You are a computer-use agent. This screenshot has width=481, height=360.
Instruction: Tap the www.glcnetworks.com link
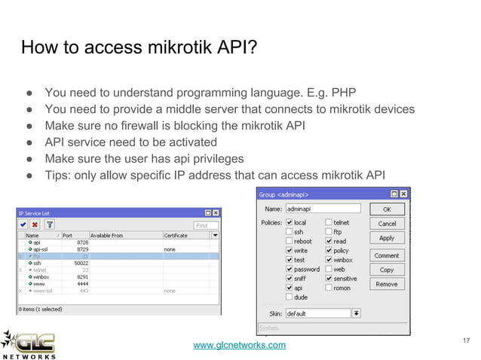tap(240, 345)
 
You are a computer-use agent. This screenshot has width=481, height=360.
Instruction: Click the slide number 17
tap(465, 342)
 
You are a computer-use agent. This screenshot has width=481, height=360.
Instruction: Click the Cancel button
tap(386, 224)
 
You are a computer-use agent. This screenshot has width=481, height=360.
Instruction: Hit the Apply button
tap(386, 238)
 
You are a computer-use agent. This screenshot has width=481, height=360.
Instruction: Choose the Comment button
tap(386, 255)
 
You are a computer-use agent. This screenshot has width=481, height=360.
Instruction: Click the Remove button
tap(386, 284)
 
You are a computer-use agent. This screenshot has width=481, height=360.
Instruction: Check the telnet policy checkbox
tap(329, 223)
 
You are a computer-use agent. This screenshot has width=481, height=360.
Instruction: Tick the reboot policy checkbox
tap(290, 241)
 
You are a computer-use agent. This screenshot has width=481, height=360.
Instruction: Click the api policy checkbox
tap(290, 288)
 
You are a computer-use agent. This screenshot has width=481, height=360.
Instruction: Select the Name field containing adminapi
tap(323, 208)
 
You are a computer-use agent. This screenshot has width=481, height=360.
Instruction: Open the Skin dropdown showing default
tap(356, 313)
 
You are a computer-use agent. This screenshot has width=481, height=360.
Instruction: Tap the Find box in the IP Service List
tap(205, 224)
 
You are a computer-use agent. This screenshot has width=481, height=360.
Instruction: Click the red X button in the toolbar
tap(35, 224)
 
